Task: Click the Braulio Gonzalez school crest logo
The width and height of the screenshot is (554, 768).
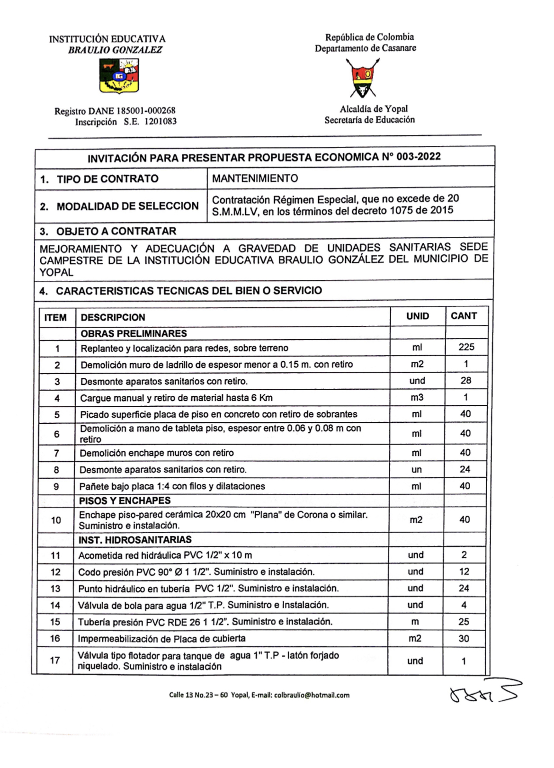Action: point(119,76)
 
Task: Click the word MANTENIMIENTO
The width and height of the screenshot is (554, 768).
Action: point(255,179)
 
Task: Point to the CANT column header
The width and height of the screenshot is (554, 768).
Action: point(464,316)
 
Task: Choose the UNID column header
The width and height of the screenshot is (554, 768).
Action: point(417,316)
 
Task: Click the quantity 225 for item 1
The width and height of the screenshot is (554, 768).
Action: point(466,347)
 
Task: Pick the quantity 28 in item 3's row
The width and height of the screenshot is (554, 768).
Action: point(466,380)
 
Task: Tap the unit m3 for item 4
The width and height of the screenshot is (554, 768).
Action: point(417,397)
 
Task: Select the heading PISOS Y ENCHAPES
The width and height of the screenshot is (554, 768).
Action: point(125,500)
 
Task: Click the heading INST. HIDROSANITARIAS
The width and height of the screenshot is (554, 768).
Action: point(135,540)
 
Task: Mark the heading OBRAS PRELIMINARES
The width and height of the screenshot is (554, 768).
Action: point(134,333)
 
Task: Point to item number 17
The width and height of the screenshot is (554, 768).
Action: point(55,660)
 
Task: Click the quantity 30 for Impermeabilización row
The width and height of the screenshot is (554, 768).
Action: point(464,638)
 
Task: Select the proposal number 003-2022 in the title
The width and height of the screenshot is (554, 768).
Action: point(419,157)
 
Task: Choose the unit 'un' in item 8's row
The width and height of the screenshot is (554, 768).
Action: point(416,470)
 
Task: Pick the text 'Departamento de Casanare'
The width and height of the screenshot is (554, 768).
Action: point(366,48)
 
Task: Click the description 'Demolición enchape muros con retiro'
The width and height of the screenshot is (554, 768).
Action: point(156,453)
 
